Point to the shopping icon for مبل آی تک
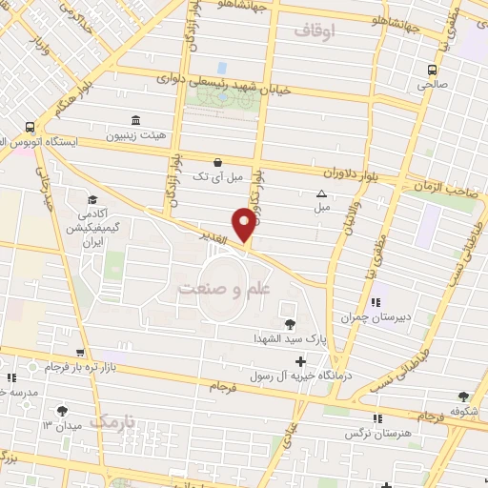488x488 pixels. coord(218,161)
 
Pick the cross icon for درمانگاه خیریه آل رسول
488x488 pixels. coord(301,361)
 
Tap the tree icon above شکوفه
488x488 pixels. coord(464,396)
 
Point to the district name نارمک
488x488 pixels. coord(113,420)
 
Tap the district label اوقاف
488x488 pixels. coord(315,31)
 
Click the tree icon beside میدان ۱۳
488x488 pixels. coord(62,411)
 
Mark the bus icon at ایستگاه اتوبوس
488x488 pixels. coord(31,127)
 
